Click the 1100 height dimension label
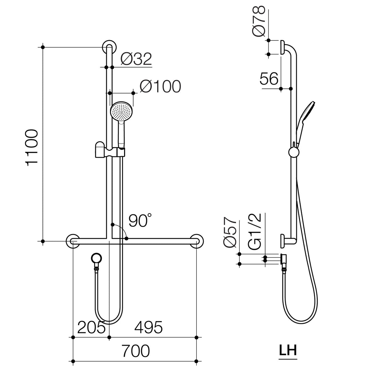tap(32, 148)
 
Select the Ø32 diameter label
tap(136, 59)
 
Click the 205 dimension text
tap(91, 328)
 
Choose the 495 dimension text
tap(148, 328)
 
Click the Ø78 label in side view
tap(259, 21)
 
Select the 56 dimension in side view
tap(269, 79)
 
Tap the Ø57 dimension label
tap(230, 232)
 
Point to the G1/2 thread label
tap(255, 230)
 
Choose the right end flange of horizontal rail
tap(197, 241)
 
